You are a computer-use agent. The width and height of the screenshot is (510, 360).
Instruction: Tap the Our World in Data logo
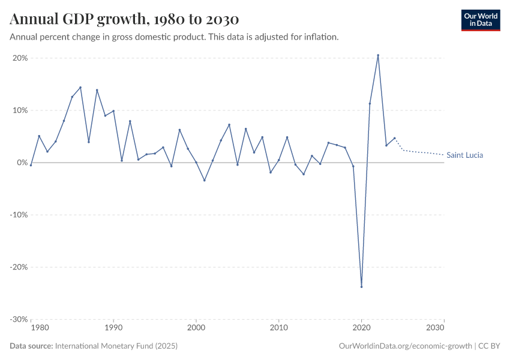(480, 20)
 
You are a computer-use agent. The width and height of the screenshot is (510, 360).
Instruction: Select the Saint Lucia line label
(464, 155)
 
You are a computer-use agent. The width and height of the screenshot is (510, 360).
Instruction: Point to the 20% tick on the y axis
(20, 58)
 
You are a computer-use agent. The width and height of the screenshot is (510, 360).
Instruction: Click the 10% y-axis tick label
(20, 110)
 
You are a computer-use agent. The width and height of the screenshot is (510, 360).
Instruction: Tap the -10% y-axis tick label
(19, 215)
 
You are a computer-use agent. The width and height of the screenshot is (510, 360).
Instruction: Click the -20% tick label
(19, 267)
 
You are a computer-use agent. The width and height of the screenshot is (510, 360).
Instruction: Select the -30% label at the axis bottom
(19, 319)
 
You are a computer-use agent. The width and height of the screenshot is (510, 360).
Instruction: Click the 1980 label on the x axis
(39, 328)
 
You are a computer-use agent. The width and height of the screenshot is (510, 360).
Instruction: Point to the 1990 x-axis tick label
(113, 328)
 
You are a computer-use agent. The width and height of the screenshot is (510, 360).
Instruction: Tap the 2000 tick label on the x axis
(196, 328)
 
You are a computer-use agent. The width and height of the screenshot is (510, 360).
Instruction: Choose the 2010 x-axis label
(278, 328)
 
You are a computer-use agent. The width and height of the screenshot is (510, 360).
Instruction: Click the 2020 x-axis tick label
(361, 328)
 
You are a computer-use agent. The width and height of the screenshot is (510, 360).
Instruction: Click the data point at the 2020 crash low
(361, 287)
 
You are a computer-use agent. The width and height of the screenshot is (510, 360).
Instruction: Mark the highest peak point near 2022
(378, 55)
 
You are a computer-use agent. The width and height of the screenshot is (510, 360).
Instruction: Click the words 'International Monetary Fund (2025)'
(116, 346)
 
